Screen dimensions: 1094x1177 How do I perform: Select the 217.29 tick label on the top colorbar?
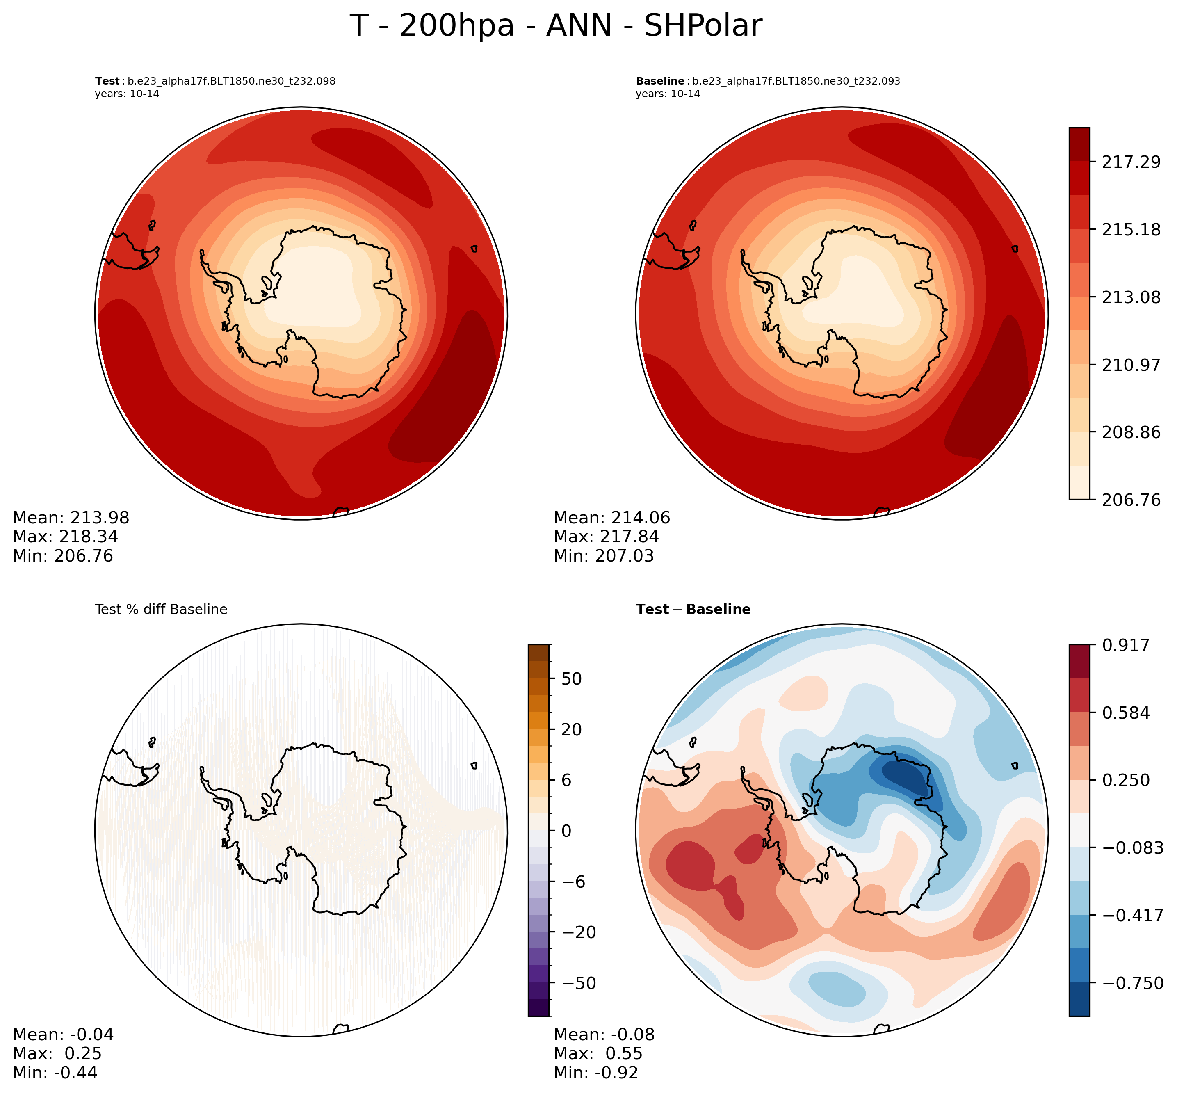point(1130,162)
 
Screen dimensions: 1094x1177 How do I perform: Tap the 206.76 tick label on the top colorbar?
point(1130,500)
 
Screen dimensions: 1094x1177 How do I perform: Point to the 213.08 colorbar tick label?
point(1130,297)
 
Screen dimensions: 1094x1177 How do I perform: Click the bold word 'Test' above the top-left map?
point(107,81)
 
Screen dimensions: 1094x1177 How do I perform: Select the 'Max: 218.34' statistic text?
point(65,537)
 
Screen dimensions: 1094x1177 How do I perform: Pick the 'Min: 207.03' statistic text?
point(604,556)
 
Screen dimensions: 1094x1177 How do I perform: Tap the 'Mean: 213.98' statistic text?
point(71,518)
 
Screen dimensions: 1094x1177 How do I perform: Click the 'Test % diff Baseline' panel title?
point(161,610)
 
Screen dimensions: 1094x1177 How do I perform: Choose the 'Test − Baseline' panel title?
point(693,610)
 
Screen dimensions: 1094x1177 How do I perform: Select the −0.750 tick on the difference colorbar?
point(1130,983)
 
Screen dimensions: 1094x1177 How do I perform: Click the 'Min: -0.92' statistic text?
point(595,1073)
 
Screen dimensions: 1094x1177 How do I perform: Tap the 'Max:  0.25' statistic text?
point(57,1054)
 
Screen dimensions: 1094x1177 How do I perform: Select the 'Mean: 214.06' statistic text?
point(612,518)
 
